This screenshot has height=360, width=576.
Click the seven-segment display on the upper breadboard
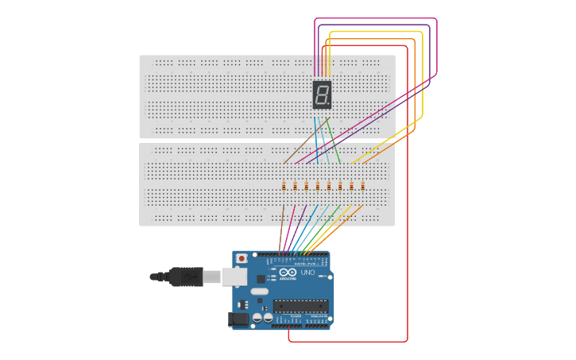click(x=322, y=95)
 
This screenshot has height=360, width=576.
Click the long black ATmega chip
click(x=300, y=306)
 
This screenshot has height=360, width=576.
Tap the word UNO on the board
click(x=307, y=273)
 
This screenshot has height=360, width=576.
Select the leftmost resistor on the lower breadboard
click(x=284, y=186)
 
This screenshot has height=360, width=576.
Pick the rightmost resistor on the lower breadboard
click(x=363, y=186)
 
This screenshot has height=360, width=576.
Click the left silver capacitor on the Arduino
click(x=257, y=318)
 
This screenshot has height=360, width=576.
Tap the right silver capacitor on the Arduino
click(x=269, y=318)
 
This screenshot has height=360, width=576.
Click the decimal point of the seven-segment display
click(x=330, y=106)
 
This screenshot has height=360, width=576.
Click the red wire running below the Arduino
click(x=350, y=342)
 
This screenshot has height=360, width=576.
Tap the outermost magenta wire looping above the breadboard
click(x=373, y=18)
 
